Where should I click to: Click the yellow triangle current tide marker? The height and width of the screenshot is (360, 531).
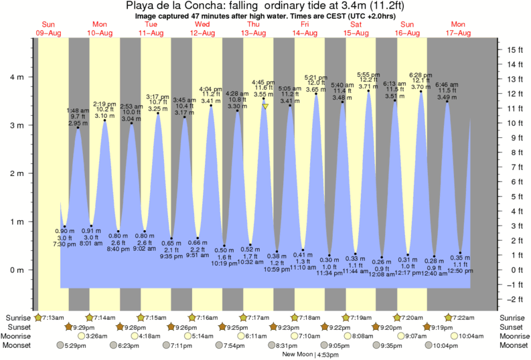coord(266,106)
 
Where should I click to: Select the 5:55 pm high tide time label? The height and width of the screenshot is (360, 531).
coord(368,74)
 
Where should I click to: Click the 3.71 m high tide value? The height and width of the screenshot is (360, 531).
coord(368,86)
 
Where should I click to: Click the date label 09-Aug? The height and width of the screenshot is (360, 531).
coord(49,33)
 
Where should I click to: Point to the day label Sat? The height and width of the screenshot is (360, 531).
coord(356,25)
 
